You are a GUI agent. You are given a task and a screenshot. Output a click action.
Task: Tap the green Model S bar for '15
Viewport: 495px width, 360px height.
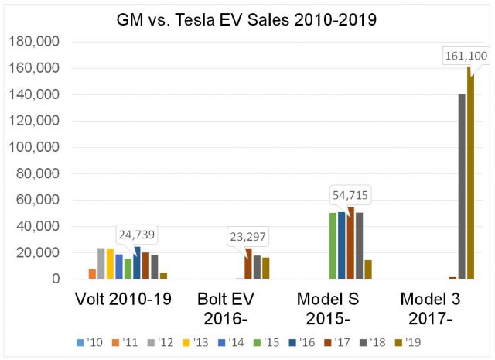pyautogui.click(x=333, y=245)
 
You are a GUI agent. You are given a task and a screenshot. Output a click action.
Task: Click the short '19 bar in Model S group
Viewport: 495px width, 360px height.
pyautogui.click(x=368, y=269)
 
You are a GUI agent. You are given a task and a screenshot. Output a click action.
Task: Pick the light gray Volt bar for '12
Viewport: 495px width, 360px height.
pyautogui.click(x=101, y=263)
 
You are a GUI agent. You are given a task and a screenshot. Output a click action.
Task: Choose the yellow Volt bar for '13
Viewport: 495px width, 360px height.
pyautogui.click(x=110, y=263)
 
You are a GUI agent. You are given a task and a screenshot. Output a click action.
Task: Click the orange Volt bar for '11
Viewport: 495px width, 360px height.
pyautogui.click(x=93, y=273)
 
